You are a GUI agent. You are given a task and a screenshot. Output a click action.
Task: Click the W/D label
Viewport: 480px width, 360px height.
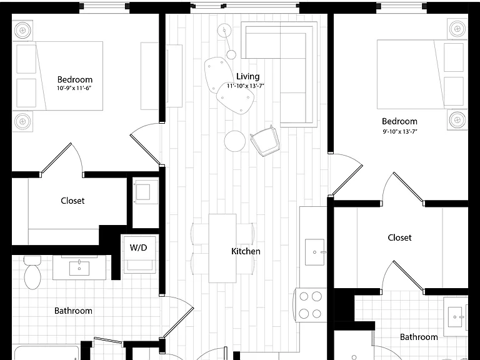pos(138,247)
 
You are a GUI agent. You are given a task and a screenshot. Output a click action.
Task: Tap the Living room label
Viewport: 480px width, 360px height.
pos(248,76)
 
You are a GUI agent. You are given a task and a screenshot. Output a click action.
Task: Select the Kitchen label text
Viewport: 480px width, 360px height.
pos(246,251)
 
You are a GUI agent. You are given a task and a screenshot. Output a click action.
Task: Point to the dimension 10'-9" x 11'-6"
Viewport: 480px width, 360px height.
pos(74,89)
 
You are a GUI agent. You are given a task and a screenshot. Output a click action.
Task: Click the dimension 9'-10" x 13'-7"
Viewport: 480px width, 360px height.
pos(399,132)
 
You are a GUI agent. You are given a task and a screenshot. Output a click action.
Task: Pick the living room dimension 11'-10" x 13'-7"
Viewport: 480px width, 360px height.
pos(246,86)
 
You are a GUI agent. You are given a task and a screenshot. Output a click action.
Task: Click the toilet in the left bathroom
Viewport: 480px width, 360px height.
pos(32,272)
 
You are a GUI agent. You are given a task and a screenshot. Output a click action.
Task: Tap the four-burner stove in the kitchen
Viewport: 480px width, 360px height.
pos(310,305)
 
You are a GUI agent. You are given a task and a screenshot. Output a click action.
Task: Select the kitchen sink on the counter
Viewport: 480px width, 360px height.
pos(315,252)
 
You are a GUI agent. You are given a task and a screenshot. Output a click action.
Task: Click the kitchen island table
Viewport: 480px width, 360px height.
pos(222,248)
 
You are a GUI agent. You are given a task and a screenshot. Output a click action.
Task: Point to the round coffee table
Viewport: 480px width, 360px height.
pos(235,141)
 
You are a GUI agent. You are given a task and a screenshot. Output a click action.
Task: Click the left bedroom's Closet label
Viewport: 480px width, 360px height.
pos(72,201)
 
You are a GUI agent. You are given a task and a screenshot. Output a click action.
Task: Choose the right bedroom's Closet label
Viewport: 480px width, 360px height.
pos(399,237)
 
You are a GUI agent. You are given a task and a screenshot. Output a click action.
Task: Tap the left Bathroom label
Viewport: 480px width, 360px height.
pos(73,311)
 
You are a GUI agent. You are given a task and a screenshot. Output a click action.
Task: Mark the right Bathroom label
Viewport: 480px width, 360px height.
pos(419,337)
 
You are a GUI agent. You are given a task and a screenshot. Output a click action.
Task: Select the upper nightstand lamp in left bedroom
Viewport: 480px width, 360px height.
pos(22,30)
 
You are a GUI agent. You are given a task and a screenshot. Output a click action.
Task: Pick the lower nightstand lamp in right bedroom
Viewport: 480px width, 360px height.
pos(457,120)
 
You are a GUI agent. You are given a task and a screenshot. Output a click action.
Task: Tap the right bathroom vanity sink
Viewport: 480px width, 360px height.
pos(456,317)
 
